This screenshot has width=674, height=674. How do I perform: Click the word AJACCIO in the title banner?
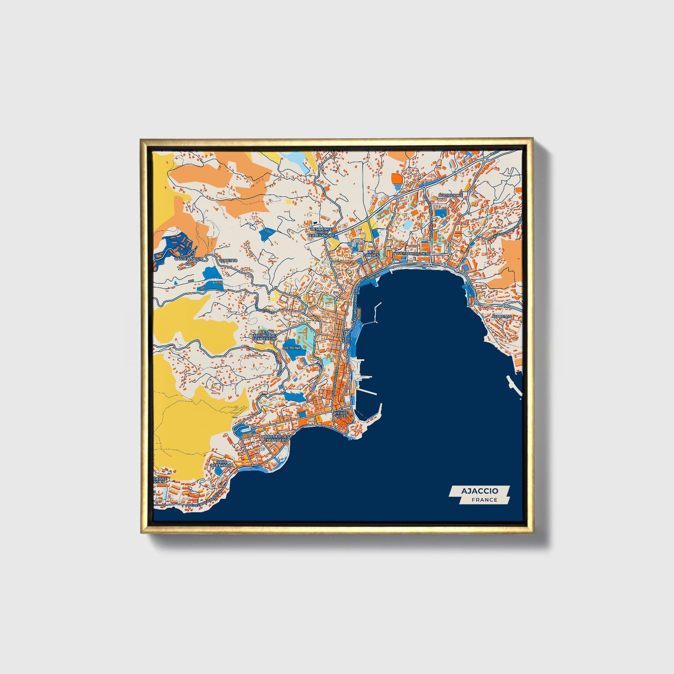tap(479, 491)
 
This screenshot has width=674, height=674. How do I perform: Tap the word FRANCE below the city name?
tap(484, 500)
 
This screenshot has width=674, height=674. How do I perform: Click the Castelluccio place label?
tap(188, 258)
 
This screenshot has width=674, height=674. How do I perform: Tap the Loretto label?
tap(229, 260)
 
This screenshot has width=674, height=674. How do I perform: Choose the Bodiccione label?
tap(451, 195)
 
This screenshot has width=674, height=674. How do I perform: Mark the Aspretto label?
tap(501, 316)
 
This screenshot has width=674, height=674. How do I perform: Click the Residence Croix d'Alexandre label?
tap(322, 232)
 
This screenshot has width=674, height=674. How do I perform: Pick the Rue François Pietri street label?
tap(412, 254)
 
